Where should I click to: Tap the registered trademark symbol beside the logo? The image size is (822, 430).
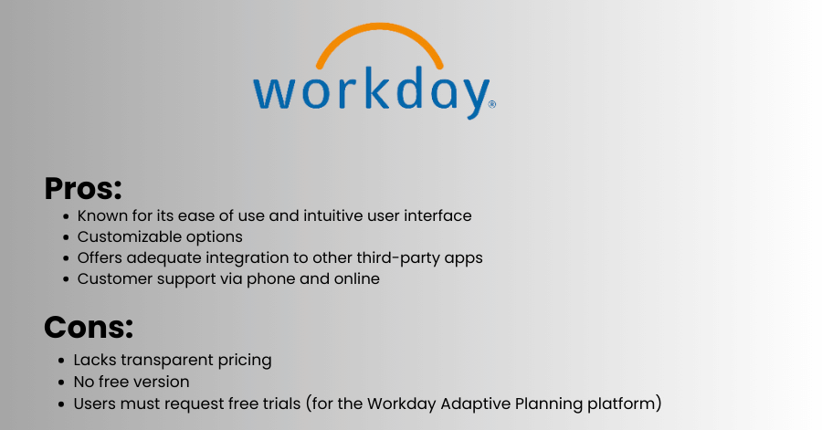coord(491,104)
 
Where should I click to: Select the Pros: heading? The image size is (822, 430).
coord(83,189)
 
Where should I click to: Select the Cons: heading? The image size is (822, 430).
coord(89,327)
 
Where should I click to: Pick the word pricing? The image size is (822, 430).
coord(245,361)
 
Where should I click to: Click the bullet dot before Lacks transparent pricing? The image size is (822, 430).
coord(61,361)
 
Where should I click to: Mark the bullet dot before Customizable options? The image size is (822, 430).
coord(66,237)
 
